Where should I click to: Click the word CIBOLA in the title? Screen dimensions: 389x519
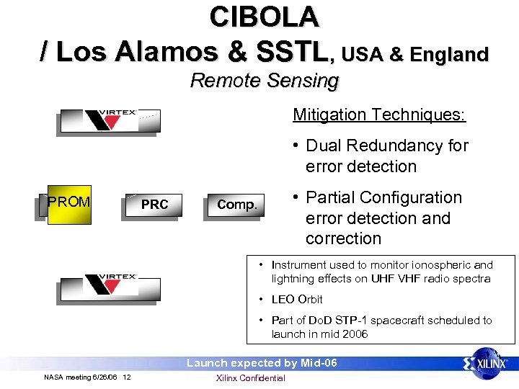[x=263, y=17]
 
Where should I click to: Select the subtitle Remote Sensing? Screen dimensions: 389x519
[x=264, y=81]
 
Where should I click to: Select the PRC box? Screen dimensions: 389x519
[x=154, y=205]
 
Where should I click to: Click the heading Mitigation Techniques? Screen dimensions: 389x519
[x=378, y=115]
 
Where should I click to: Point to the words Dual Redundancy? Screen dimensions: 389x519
[x=368, y=146]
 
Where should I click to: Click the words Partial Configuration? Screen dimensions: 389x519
[x=383, y=197]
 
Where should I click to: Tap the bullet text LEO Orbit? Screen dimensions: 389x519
[x=296, y=299]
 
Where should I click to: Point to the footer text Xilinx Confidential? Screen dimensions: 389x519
[x=250, y=378]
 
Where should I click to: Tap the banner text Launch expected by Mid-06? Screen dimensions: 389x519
[x=262, y=363]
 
